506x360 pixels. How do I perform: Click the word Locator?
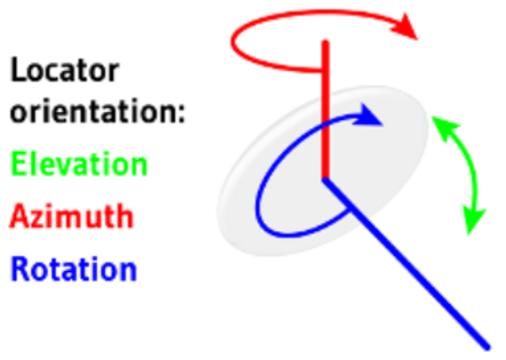[65, 70]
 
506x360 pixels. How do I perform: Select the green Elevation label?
[79, 164]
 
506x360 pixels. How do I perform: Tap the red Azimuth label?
[71, 215]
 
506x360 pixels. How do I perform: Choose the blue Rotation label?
[74, 268]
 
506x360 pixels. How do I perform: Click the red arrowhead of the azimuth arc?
[404, 27]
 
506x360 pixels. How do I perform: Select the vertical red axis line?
[325, 109]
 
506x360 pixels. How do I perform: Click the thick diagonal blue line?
[406, 263]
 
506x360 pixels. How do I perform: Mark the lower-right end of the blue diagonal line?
[487, 348]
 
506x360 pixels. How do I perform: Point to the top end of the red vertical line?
[325, 42]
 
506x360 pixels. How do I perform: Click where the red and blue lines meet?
[325, 180]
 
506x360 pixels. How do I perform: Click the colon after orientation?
[181, 114]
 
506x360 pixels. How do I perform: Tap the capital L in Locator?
[18, 70]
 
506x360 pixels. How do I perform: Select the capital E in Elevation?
[19, 164]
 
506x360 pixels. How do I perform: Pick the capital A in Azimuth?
[19, 216]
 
